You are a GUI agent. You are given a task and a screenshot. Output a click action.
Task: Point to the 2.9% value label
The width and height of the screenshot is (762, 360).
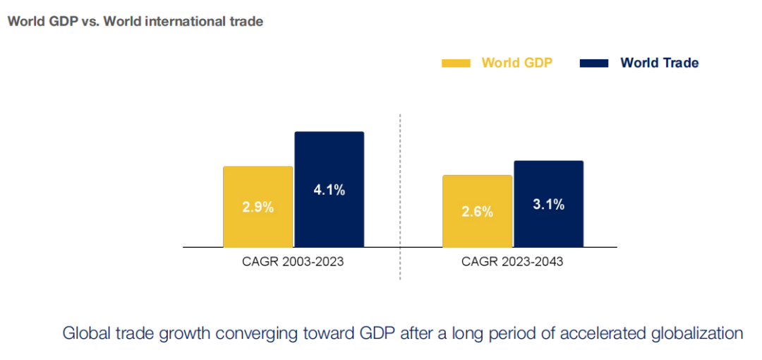click(258, 208)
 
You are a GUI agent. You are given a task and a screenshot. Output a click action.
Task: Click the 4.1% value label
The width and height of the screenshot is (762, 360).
click(329, 189)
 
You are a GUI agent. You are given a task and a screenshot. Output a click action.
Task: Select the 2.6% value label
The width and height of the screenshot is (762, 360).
click(477, 211)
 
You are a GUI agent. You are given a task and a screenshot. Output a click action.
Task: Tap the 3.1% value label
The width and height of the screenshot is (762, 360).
click(548, 205)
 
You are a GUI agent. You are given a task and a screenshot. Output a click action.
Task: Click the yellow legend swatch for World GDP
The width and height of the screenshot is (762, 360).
click(456, 64)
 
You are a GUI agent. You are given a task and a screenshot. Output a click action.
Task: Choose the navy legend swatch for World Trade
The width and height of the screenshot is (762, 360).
click(593, 64)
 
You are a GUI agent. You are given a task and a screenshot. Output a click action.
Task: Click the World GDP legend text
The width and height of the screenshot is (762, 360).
click(516, 63)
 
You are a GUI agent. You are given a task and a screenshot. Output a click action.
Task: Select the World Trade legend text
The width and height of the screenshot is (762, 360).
click(659, 63)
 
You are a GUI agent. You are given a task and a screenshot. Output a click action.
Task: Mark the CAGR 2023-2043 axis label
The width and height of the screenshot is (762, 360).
click(512, 262)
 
